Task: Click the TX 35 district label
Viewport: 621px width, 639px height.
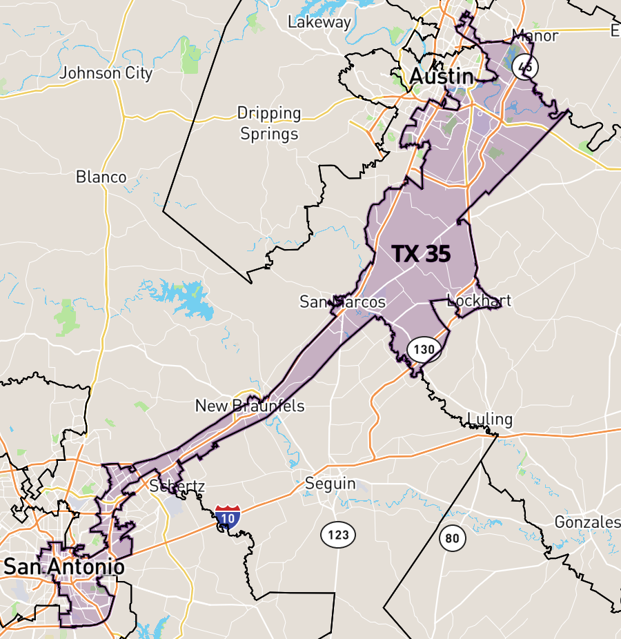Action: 422,254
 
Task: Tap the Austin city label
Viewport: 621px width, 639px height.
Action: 442,77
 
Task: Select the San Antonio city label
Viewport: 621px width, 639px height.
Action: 64,567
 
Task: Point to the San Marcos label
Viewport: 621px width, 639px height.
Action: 342,302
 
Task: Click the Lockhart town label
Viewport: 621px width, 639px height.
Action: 479,300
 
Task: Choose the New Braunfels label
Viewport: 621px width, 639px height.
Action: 250,405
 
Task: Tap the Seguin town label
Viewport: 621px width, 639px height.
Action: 331,484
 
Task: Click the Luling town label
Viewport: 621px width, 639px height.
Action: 490,419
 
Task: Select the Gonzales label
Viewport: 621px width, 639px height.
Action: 587,522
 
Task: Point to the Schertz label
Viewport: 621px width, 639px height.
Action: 177,486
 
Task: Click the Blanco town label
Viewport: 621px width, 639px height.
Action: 101,177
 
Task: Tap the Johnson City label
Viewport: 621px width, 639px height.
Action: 106,72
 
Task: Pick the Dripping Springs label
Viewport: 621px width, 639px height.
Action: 269,123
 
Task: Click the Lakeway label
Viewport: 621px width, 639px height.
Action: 319,21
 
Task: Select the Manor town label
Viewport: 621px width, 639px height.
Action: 535,35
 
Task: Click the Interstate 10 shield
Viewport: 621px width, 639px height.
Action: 228,516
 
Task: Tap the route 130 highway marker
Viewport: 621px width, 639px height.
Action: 424,349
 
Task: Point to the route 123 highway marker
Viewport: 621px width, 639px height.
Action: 338,533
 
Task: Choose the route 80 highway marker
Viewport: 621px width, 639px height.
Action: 452,538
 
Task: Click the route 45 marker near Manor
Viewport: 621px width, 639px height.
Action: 526,67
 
